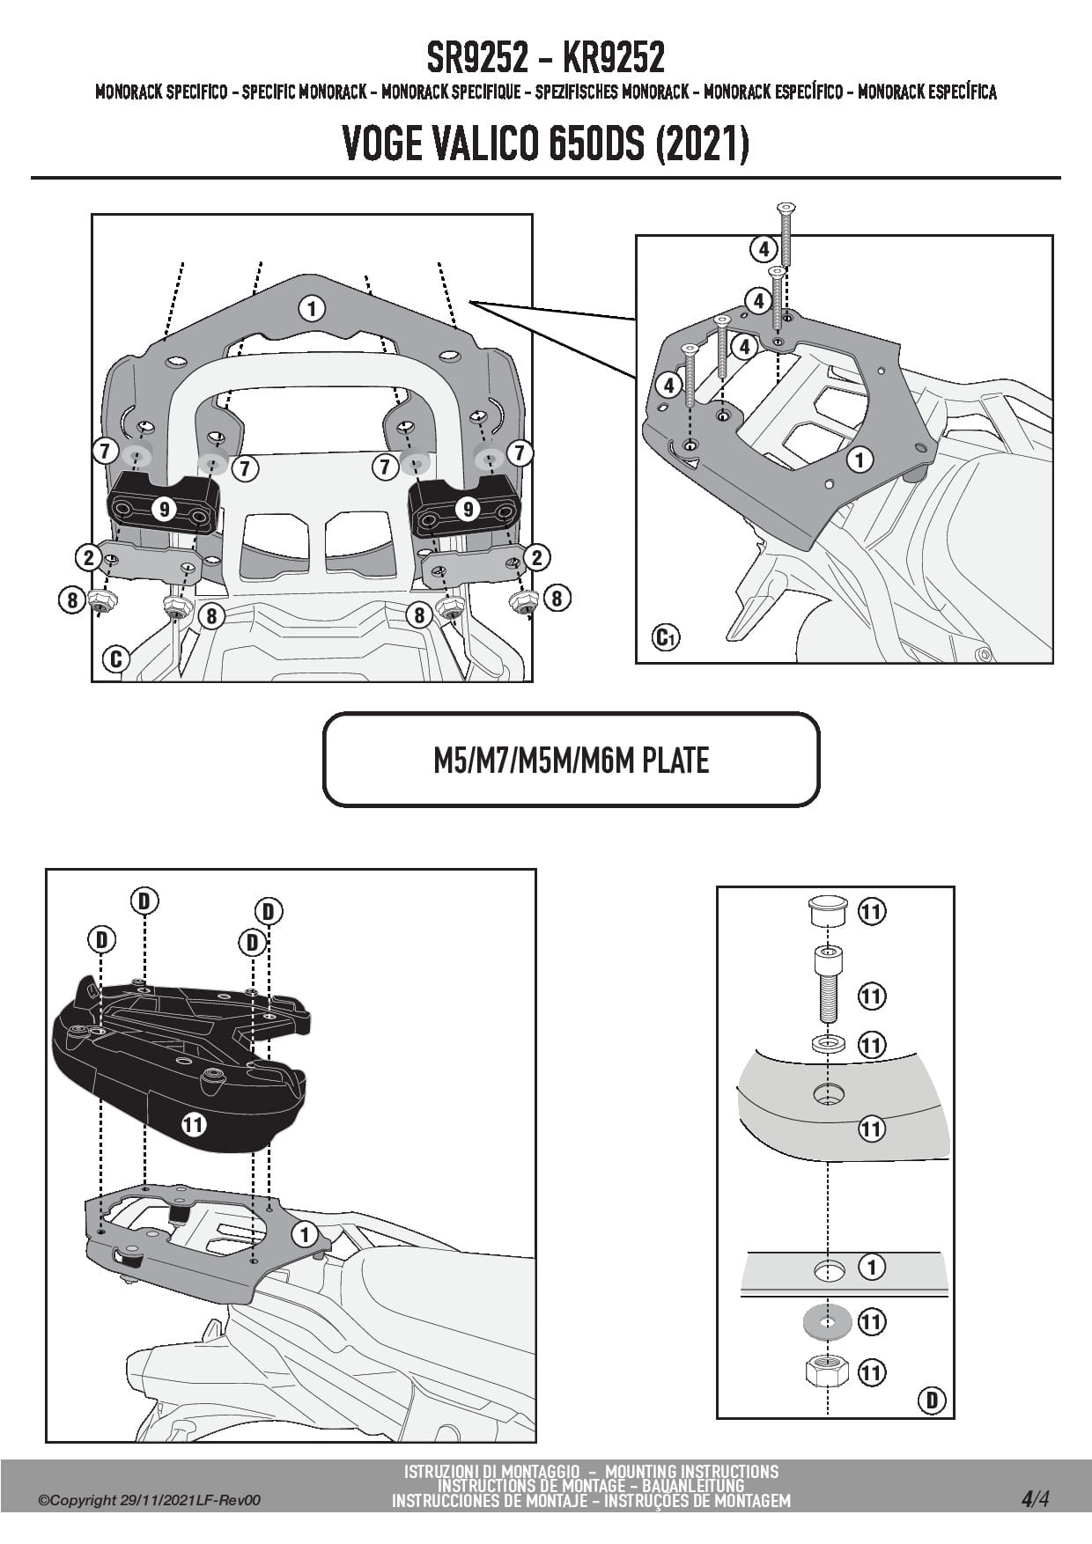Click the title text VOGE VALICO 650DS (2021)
click(545, 143)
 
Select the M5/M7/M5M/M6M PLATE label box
click(571, 760)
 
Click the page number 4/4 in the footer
click(1035, 1498)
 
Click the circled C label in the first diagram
click(116, 658)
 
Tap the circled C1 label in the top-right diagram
click(666, 636)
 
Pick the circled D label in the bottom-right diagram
click(931, 1399)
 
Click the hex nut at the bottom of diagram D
click(826, 1371)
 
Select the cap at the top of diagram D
click(827, 910)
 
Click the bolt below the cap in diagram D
click(826, 984)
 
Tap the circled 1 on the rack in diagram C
click(312, 309)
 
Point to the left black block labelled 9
click(164, 509)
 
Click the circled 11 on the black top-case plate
click(193, 1124)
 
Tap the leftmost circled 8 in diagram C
click(72, 599)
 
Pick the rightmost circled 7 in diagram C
click(520, 452)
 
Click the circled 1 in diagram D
click(871, 1268)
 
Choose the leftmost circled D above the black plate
click(101, 940)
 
